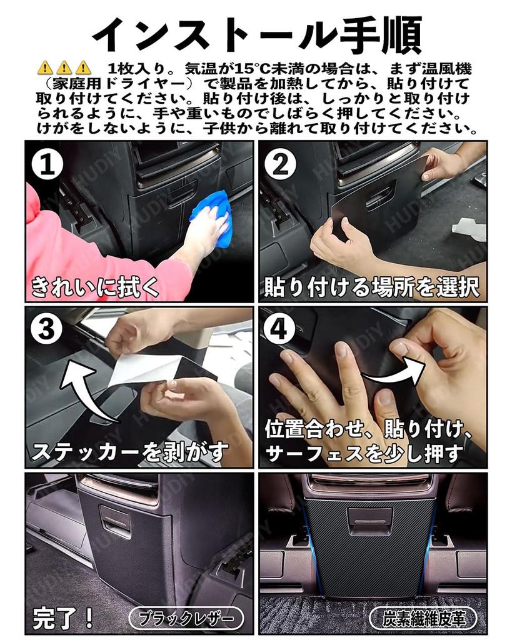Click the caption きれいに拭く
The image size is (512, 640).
click(95, 287)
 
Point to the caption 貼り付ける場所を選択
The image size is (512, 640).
click(371, 287)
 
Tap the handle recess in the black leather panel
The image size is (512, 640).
click(116, 518)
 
